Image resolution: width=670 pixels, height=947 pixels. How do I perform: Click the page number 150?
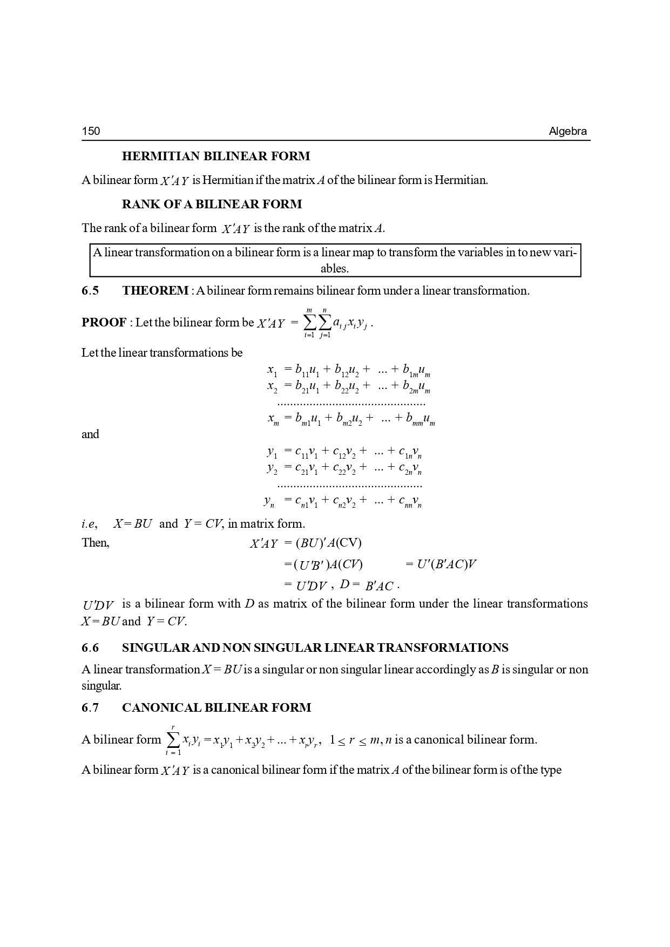pos(91,131)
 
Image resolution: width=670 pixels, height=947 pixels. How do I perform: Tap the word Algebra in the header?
pos(567,131)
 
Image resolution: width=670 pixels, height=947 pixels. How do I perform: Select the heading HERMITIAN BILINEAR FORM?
pos(216,156)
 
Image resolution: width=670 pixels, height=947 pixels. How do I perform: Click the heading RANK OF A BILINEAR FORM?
pos(212,205)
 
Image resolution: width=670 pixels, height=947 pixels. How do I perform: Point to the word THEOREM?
pos(155,291)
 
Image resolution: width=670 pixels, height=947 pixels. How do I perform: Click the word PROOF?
pos(104,323)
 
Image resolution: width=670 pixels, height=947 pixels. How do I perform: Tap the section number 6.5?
pos(90,291)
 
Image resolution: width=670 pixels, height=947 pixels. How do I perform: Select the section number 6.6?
pos(90,648)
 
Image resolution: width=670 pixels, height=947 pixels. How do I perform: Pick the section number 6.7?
pos(90,708)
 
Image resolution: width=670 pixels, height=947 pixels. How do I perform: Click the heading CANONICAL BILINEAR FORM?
pos(216,708)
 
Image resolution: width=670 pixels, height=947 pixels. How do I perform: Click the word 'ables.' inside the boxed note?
pos(335,268)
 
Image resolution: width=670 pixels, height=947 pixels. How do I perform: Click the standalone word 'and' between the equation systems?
pos(90,434)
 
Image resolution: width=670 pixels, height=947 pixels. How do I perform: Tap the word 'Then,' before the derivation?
pos(96,543)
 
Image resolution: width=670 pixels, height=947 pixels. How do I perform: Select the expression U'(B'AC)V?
pos(446,564)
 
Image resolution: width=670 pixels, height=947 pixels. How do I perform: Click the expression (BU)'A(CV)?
pos(328,543)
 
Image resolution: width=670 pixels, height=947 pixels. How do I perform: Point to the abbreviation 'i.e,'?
pos(89,524)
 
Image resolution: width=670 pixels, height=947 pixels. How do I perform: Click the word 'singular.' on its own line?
pos(101,686)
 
